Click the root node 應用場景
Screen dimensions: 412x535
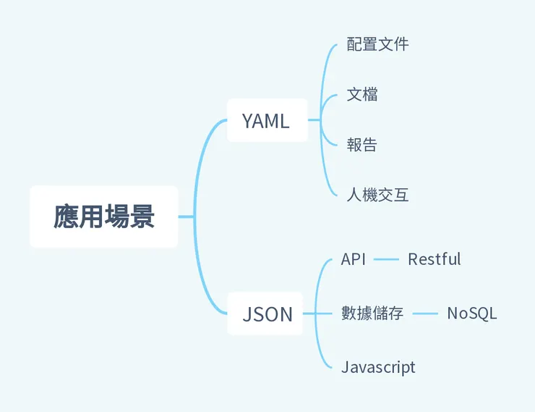104,216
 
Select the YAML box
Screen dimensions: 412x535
266,121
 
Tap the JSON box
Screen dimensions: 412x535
267,314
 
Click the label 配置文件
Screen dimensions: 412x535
377,44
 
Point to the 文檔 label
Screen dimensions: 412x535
362,95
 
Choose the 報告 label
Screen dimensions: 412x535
362,145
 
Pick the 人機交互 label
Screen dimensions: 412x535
377,195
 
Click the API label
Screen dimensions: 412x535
354,259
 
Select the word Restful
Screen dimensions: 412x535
434,259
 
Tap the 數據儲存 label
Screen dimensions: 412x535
372,314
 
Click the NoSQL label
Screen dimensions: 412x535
471,314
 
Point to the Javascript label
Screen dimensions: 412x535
378,367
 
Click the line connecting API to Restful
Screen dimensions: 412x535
386,259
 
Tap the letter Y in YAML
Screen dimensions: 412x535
247,121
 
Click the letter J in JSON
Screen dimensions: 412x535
247,314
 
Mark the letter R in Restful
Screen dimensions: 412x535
413,259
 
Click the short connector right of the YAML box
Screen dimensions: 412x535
314,120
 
